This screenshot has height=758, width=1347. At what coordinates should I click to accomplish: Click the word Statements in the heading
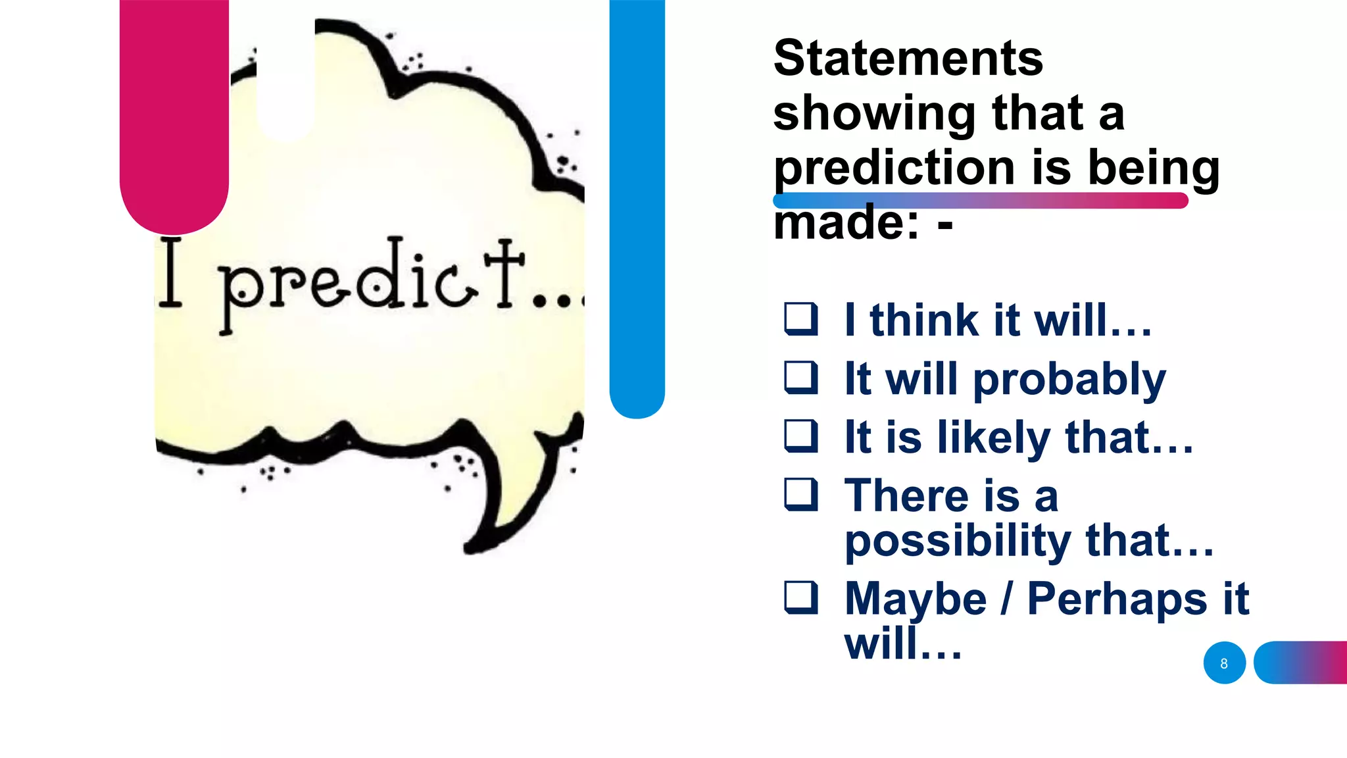[x=908, y=58]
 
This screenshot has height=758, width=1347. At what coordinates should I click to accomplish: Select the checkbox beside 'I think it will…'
[x=801, y=319]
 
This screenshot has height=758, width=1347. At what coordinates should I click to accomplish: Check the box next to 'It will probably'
[x=801, y=378]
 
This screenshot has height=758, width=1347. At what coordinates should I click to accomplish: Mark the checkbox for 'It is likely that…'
[x=801, y=436]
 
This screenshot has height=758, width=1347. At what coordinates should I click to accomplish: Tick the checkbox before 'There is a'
[x=801, y=495]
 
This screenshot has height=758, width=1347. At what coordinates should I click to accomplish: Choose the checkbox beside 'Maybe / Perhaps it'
[x=801, y=597]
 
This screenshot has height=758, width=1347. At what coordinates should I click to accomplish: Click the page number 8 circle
[x=1224, y=663]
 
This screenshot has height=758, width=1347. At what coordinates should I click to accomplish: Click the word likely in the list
[x=993, y=438]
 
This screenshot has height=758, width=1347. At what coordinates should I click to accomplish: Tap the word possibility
[x=958, y=541]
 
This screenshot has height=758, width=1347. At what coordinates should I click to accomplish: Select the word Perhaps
[x=1117, y=599]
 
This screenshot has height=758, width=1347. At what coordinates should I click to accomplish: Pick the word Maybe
[x=916, y=599]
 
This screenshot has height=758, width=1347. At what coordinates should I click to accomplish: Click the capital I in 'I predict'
[x=170, y=272]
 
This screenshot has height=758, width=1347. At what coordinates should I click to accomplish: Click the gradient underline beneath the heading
[x=980, y=201]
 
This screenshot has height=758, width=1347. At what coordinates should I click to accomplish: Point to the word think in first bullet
[x=924, y=321]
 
